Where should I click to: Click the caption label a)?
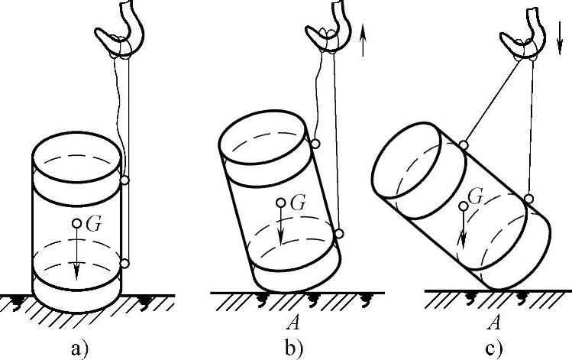coord(79,349)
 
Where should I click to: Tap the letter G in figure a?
coord(95,225)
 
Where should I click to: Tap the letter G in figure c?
coord(475,197)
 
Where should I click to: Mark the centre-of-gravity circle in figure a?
coord(78,224)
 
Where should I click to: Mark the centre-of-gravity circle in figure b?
coord(281,203)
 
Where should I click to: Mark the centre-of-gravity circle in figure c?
coord(461,206)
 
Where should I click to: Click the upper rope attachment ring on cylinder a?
coord(124,180)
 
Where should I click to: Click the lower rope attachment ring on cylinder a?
coord(124,264)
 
